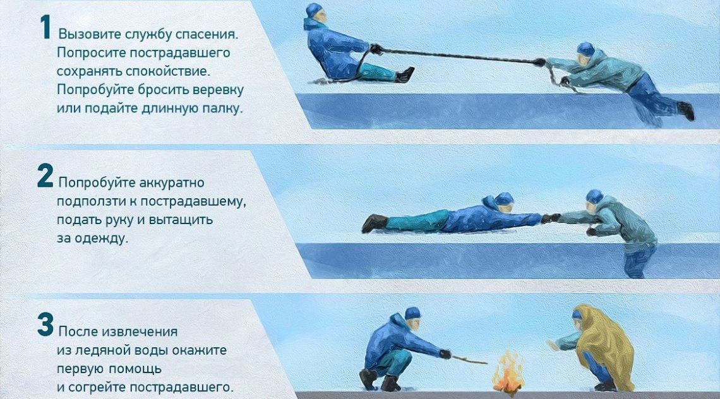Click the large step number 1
pyautogui.click(x=45, y=28)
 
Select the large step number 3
pyautogui.click(x=45, y=325)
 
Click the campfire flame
pyautogui.click(x=508, y=372)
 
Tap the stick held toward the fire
pyautogui.click(x=469, y=359)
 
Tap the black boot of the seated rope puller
pyautogui.click(x=405, y=74)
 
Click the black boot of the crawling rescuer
pyautogui.click(x=374, y=223)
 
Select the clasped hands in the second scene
pyautogui.click(x=551, y=218)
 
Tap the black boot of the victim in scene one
pyautogui.click(x=686, y=110)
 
